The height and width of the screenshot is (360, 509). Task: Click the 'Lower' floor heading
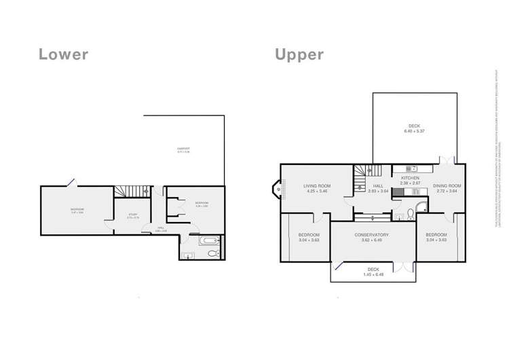(63, 54)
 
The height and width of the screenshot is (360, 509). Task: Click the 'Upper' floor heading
(299, 54)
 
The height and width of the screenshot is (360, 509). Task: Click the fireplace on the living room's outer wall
(276, 190)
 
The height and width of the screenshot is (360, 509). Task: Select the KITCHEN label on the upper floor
(409, 178)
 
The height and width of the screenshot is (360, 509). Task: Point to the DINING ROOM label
(447, 185)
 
